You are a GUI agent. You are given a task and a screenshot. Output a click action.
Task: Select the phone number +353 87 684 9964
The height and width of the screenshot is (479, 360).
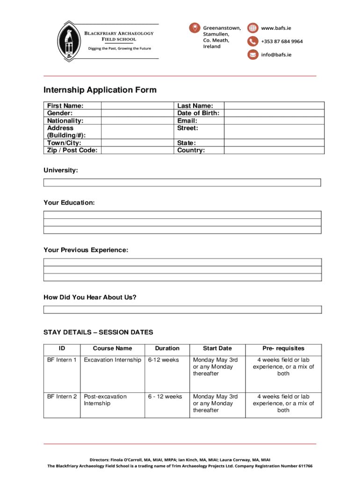281,41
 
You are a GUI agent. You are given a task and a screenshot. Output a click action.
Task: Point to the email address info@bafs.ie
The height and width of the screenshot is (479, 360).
276,55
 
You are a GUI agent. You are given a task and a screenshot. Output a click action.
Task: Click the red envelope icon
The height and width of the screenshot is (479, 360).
252,55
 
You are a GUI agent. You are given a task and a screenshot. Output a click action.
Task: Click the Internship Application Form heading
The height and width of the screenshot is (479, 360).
100,90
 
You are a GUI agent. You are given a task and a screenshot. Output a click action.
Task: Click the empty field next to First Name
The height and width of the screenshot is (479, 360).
138,106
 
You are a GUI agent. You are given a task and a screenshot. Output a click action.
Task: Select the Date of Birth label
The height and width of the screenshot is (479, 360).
198,113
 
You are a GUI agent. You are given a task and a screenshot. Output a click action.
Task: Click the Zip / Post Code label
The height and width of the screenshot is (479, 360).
72,150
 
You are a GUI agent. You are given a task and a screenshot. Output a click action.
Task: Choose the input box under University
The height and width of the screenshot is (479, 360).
182,182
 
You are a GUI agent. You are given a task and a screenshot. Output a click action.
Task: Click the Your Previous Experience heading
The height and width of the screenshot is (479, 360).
86,250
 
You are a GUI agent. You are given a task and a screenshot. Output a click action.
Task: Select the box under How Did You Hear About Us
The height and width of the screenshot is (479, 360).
182,310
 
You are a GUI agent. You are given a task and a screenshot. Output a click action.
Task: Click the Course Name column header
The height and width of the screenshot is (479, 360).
112,348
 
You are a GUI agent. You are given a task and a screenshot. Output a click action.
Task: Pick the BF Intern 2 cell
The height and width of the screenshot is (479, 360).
62,397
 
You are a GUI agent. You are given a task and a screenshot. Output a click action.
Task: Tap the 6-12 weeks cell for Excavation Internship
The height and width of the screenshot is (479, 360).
163,360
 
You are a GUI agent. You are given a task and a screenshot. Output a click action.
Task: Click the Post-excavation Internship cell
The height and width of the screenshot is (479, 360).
105,400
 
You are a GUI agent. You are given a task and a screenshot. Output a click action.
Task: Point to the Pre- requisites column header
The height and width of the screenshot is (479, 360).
283,348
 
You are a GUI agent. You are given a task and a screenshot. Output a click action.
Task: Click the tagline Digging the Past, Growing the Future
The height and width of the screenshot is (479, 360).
120,49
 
